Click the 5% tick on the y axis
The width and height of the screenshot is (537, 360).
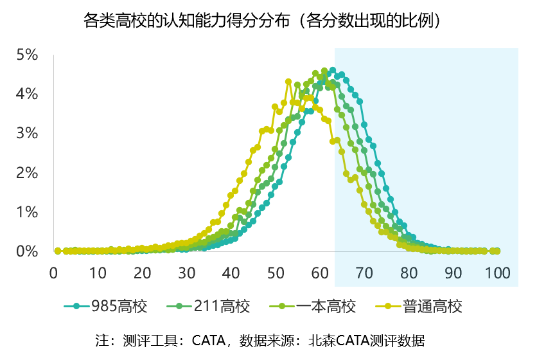27,55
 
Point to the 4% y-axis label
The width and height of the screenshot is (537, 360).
27,94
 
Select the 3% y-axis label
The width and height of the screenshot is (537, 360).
27,133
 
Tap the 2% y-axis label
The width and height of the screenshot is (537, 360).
27,173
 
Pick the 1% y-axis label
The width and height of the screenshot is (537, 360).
27,212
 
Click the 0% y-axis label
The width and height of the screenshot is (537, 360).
27,251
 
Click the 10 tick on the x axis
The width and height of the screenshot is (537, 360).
98,273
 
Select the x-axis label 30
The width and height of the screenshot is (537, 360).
187,273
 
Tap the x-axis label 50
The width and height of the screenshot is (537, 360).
276,273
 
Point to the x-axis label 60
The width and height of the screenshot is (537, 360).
320,273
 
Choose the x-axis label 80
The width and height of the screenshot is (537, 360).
409,273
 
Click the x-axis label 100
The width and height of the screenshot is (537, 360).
498,273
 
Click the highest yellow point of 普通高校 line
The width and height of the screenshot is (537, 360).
288,82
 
